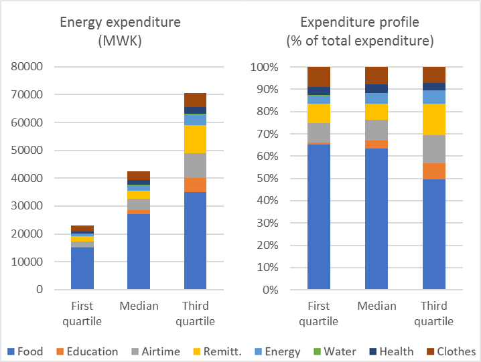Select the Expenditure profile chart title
click(360, 31)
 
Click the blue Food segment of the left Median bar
click(139, 252)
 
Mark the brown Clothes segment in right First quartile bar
click(319, 76)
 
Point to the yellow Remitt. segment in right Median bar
click(376, 112)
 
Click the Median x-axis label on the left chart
click(139, 306)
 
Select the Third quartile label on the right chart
click(434, 314)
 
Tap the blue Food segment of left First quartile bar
click(82, 268)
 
